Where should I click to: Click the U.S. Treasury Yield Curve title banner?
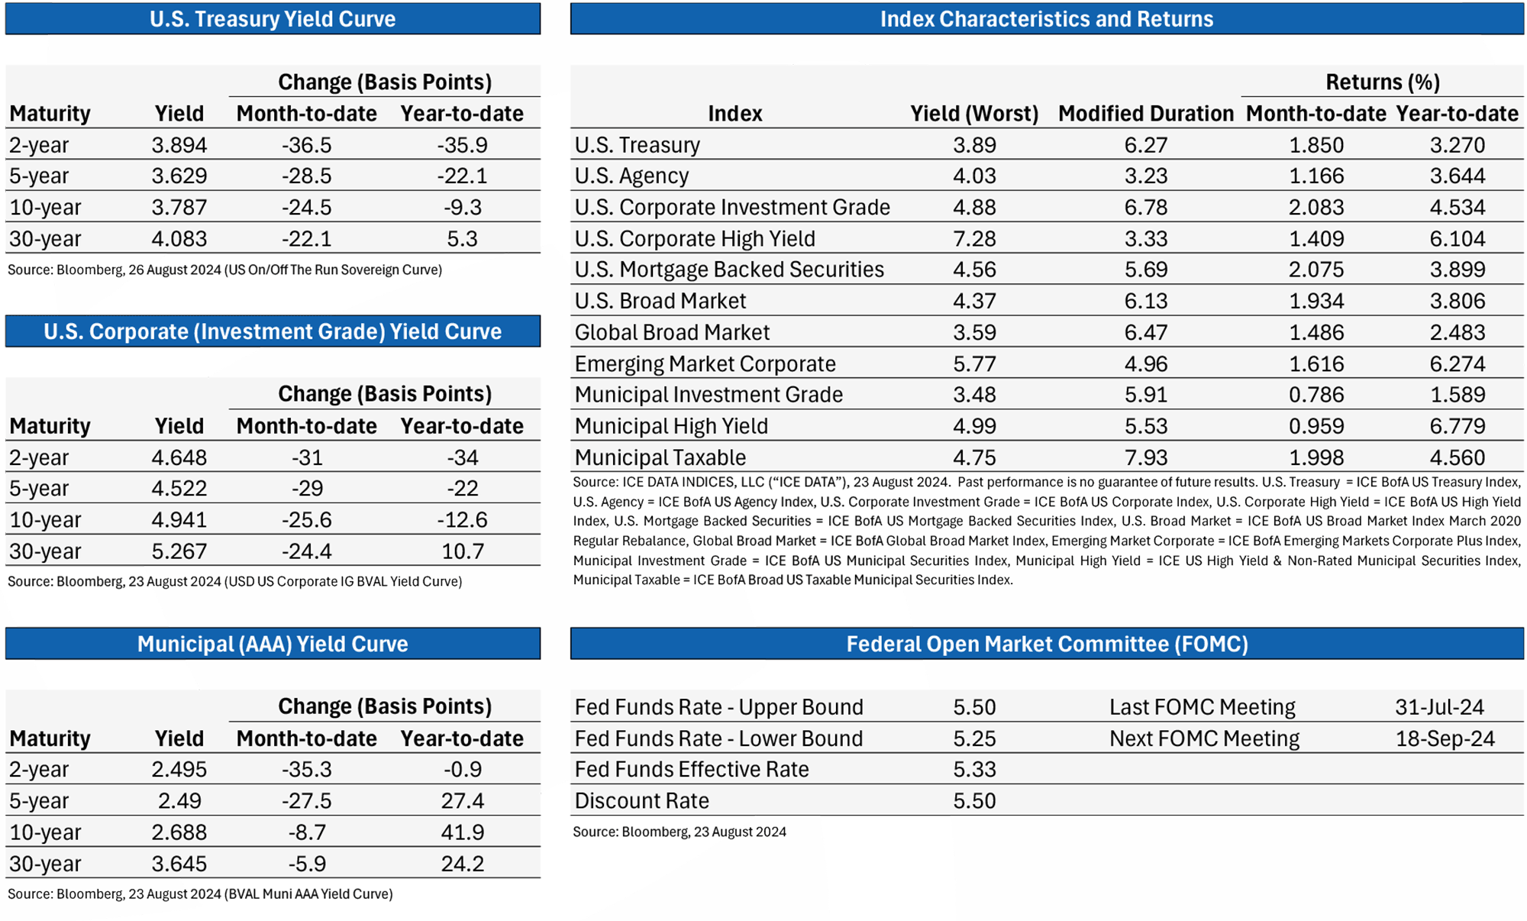point(273,18)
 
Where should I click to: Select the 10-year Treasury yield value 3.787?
point(179,208)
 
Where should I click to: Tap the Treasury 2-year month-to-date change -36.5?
point(307,145)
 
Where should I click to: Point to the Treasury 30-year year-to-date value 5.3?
point(463,239)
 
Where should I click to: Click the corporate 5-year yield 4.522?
point(179,489)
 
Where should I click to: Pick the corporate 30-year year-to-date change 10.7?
point(463,551)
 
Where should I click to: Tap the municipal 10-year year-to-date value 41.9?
point(463,832)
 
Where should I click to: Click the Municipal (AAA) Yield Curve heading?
point(273,644)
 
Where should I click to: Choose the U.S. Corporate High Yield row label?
point(695,239)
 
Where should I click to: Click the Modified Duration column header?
point(1146,114)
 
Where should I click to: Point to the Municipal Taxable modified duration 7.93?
point(1146,457)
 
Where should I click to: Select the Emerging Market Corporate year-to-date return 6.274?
point(1458,364)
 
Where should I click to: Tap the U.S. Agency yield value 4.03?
point(974,176)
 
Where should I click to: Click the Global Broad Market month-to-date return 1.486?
point(1316,332)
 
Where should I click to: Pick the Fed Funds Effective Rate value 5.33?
point(974,770)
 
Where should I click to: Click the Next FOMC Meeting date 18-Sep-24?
point(1445,738)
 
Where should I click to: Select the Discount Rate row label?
point(641,801)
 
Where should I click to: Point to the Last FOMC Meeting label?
point(1203,707)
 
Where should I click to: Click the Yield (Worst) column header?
point(974,114)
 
